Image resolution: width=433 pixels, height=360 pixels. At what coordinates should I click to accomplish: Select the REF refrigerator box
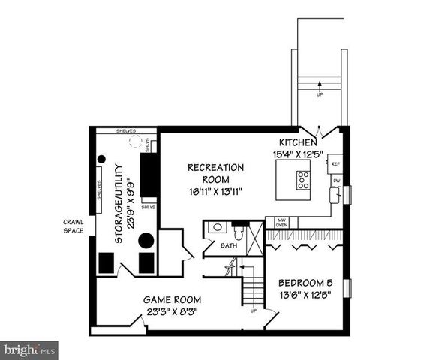(335, 163)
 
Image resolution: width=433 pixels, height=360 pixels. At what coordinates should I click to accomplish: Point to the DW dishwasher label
(335, 181)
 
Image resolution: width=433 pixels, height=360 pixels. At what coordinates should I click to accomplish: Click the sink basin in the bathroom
(217, 227)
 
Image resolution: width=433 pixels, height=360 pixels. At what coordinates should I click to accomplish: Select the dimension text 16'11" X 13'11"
(216, 191)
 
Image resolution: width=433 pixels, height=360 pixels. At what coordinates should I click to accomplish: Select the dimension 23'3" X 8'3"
(173, 310)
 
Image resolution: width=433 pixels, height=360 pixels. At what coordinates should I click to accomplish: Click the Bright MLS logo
(29, 350)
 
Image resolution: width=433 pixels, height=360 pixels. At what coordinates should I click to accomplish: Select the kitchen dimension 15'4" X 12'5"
(296, 154)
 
